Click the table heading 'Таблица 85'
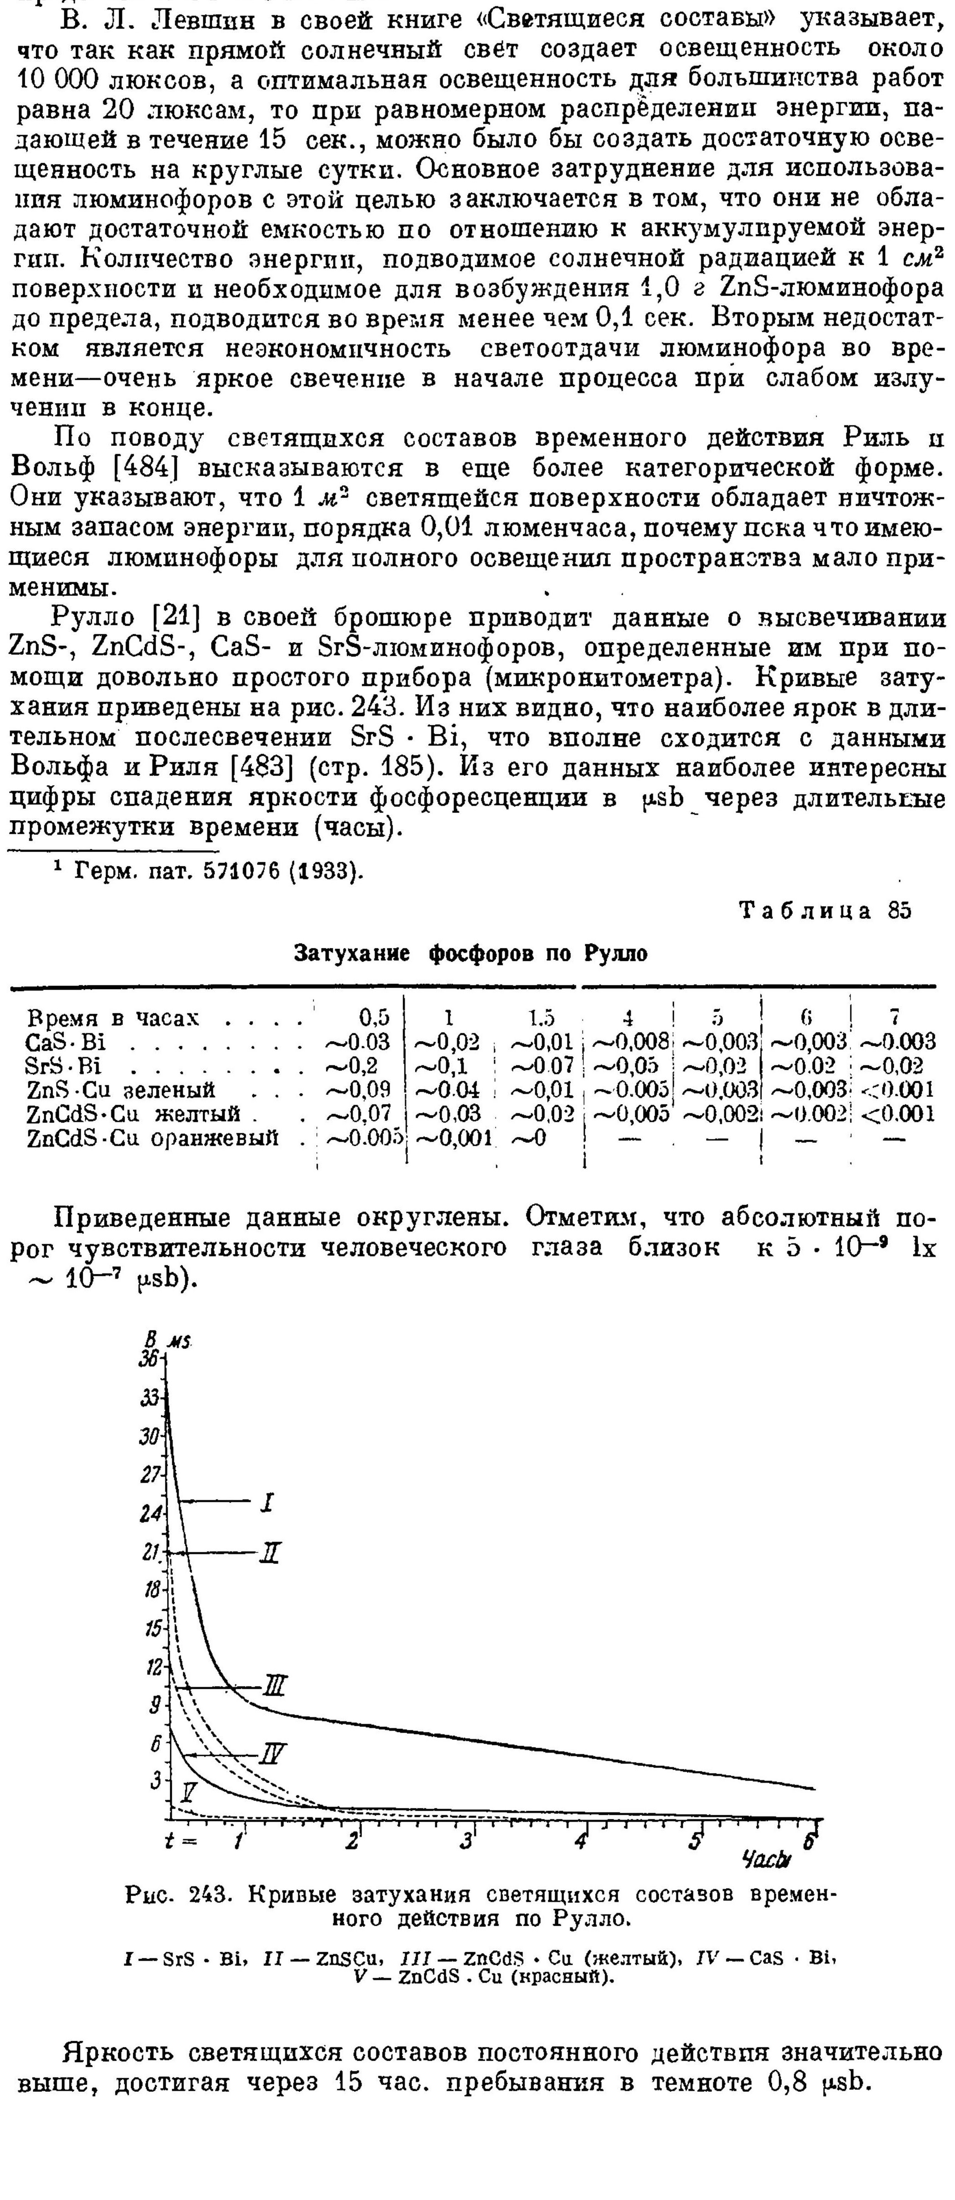point(826,911)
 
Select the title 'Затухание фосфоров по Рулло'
point(471,953)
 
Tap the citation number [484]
point(142,469)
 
